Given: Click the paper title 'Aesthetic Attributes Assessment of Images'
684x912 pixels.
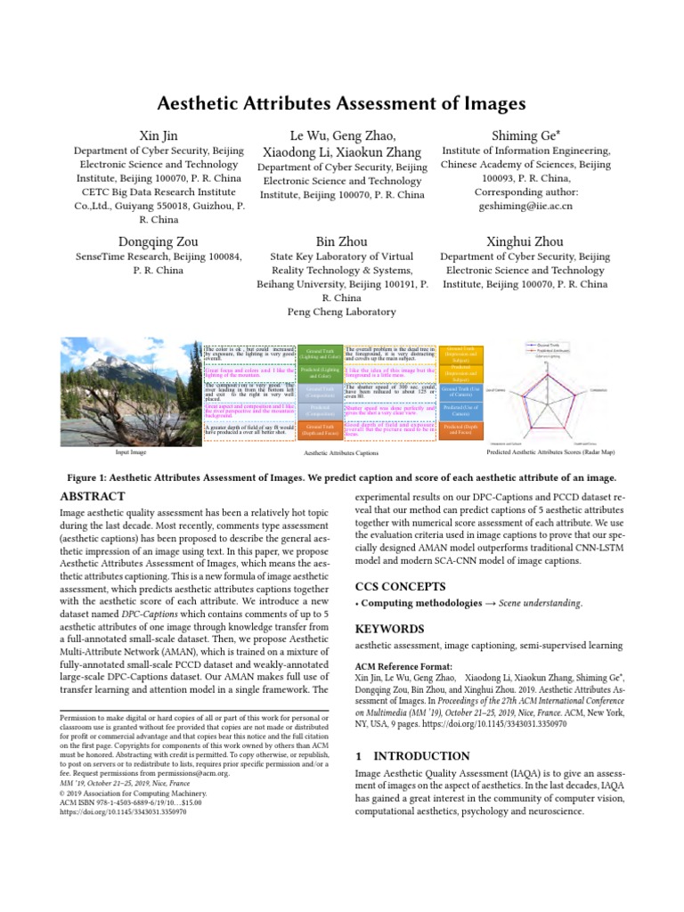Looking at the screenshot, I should tap(342, 103).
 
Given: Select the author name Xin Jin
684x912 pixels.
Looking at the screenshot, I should tap(159, 134).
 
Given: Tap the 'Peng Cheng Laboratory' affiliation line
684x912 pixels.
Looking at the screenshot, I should tap(342, 312).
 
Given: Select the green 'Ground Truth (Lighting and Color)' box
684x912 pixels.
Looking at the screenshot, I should tap(317, 354).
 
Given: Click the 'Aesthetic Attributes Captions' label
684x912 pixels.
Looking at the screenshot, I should tap(341, 453).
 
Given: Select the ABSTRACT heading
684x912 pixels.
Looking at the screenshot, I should tap(93, 496).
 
